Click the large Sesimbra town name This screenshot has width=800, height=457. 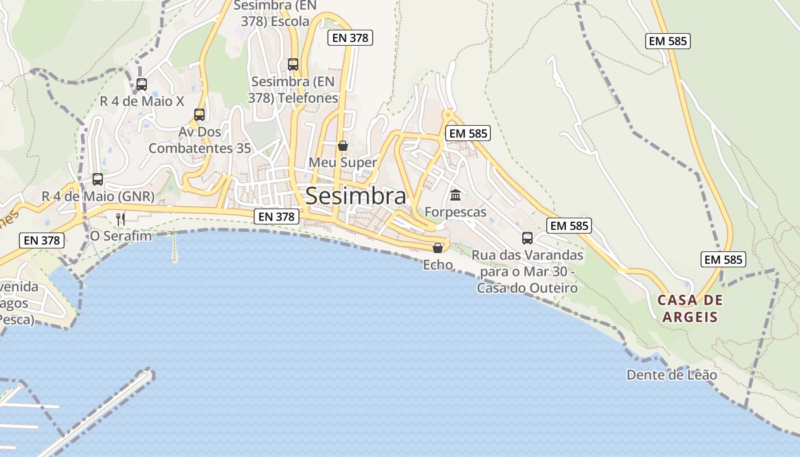click(x=355, y=196)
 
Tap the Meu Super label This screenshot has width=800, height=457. click(x=343, y=162)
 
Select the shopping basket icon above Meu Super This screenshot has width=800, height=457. click(x=343, y=146)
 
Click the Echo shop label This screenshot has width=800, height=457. click(x=438, y=264)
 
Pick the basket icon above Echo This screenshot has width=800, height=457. click(x=438, y=247)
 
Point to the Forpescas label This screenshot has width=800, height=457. click(x=455, y=212)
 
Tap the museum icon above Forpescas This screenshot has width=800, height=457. click(x=455, y=195)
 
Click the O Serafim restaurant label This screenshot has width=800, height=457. click(x=121, y=235)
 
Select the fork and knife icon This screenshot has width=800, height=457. click(x=121, y=219)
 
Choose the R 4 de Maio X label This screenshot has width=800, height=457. click(x=142, y=101)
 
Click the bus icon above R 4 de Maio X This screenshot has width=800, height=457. click(x=142, y=85)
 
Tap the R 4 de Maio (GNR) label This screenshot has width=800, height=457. click(x=98, y=196)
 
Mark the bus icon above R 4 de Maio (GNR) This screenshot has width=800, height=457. click(x=98, y=179)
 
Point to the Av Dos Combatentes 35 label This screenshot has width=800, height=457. click(x=199, y=140)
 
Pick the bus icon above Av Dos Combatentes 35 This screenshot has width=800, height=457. click(x=199, y=114)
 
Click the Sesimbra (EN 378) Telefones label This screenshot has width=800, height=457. click(x=293, y=90)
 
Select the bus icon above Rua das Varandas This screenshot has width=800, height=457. click(x=527, y=238)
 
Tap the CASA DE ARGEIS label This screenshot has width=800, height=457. click(x=690, y=308)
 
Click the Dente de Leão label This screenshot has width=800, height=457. click(x=671, y=375)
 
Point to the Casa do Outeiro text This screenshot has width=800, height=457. click(x=527, y=288)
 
